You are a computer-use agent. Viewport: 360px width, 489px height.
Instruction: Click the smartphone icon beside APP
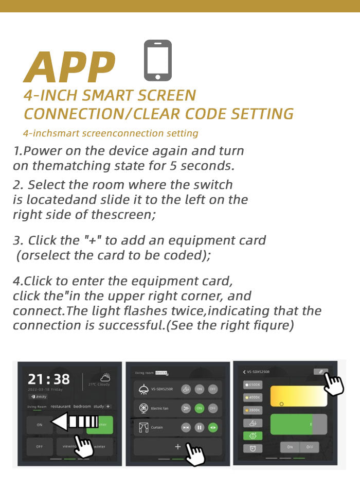click(157, 60)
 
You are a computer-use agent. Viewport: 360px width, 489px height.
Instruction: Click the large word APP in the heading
click(69, 67)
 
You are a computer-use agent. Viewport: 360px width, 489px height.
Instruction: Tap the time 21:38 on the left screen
click(48, 379)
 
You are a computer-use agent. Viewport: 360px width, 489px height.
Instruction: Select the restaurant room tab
click(60, 407)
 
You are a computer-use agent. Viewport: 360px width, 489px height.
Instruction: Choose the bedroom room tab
click(82, 407)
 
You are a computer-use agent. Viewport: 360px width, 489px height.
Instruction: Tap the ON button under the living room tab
click(40, 425)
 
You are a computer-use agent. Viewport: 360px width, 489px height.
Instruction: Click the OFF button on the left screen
click(40, 446)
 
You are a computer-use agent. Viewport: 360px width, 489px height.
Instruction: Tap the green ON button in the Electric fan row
click(199, 408)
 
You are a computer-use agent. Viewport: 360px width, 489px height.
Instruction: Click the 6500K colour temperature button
click(253, 385)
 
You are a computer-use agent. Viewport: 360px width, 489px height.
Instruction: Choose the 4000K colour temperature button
click(253, 397)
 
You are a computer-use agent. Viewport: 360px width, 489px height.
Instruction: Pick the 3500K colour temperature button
click(253, 410)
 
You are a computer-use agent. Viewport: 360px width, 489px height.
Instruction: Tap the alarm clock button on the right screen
click(253, 448)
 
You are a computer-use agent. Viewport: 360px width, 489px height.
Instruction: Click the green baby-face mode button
click(253, 435)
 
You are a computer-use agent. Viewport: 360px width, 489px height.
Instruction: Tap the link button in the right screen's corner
click(320, 372)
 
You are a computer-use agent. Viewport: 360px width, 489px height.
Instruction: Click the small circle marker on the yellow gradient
click(281, 404)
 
